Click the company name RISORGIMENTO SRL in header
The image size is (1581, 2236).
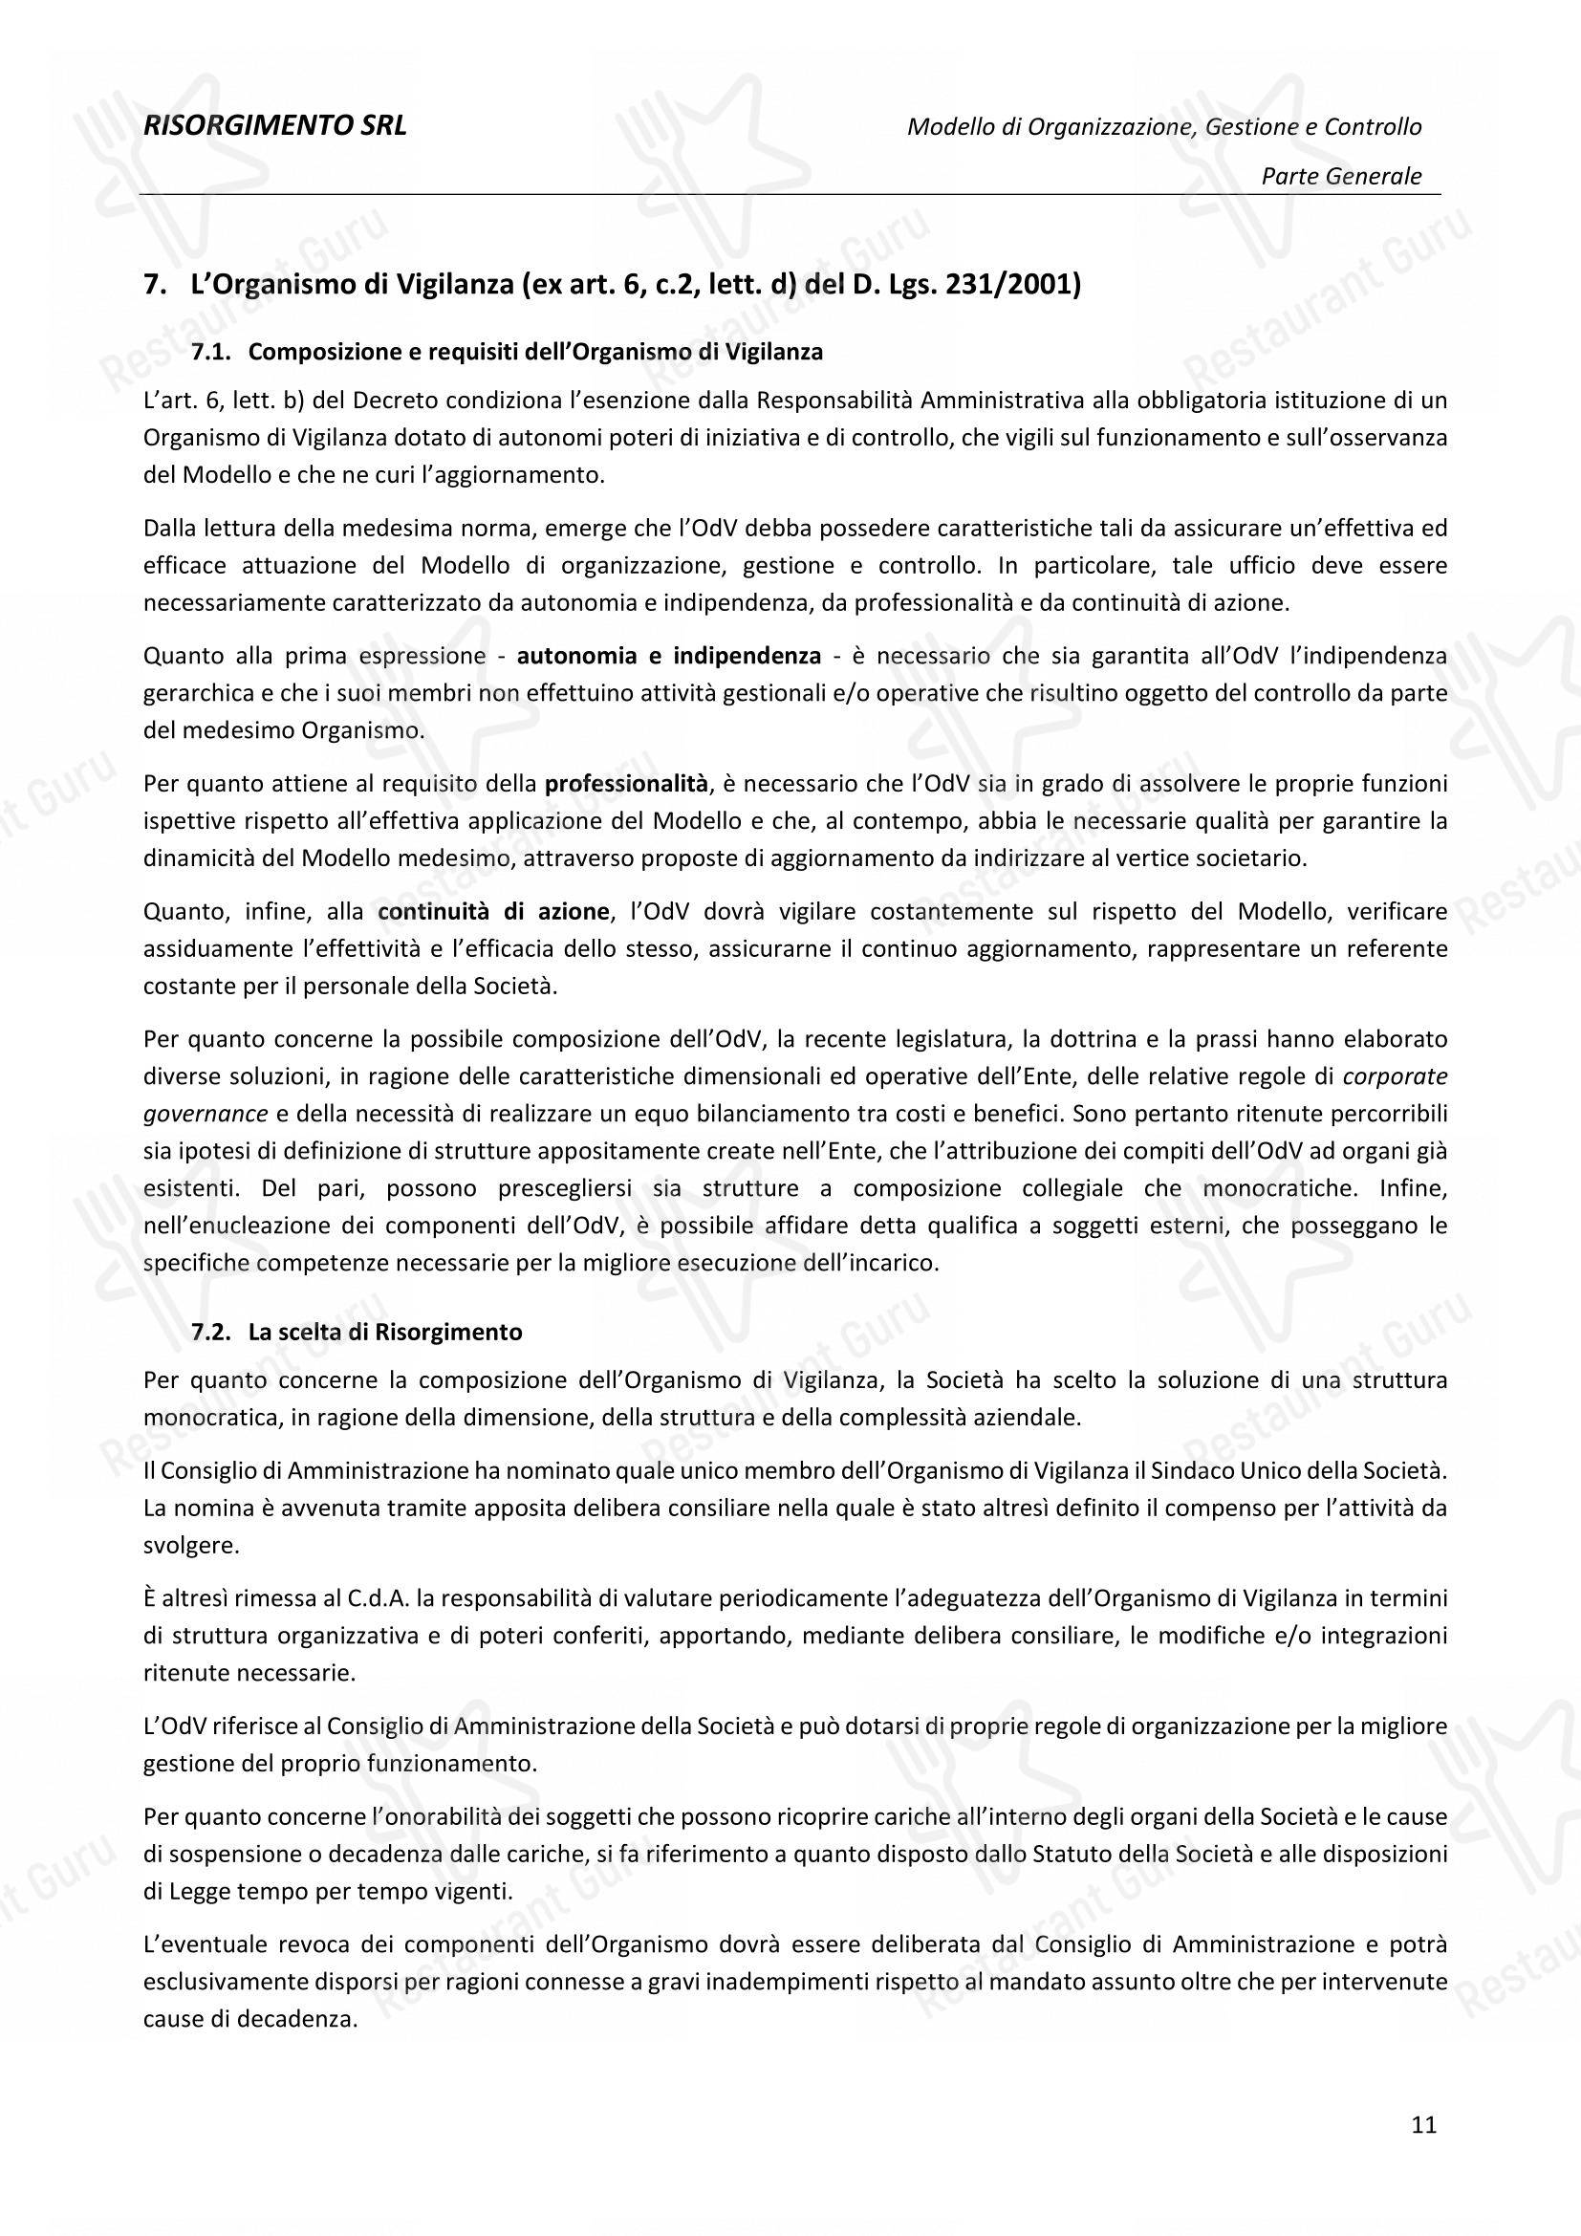click(274, 125)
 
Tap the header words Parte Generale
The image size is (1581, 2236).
click(1340, 176)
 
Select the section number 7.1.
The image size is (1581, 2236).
click(210, 353)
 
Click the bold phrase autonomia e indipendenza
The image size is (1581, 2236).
click(669, 656)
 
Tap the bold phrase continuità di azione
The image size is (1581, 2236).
click(493, 912)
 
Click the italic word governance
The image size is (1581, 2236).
click(205, 1113)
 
